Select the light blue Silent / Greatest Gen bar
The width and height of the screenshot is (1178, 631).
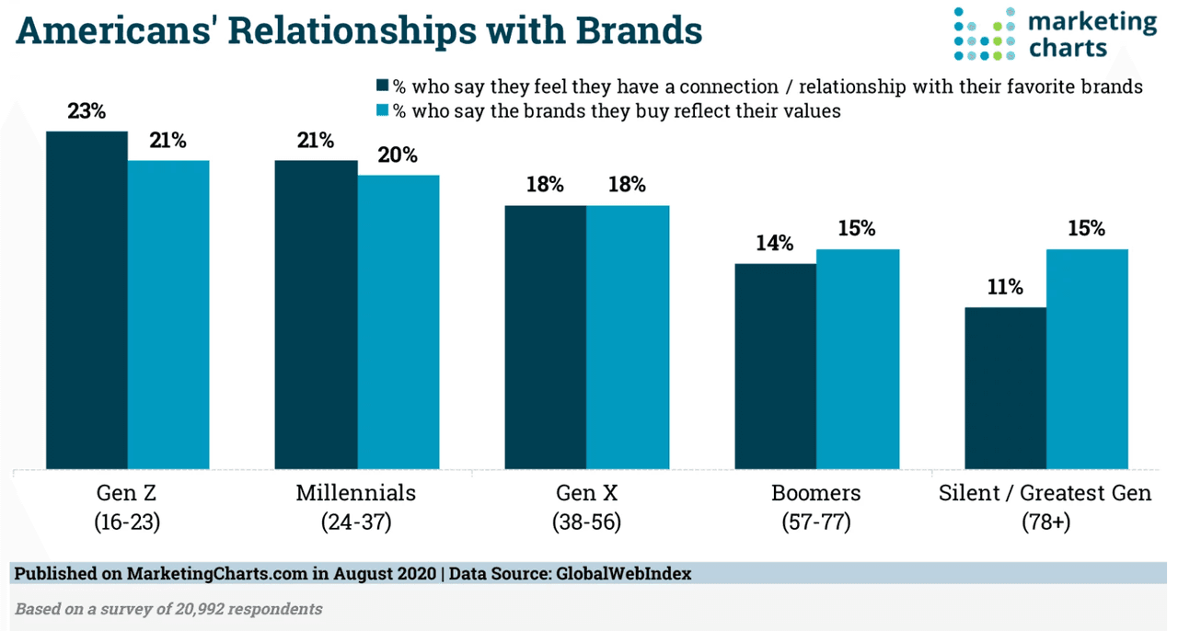tap(1087, 359)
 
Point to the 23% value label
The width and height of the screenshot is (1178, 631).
tap(87, 112)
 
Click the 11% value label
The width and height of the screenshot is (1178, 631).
tap(1004, 287)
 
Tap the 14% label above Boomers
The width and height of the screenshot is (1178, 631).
tap(775, 244)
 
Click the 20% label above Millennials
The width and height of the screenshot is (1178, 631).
tap(398, 155)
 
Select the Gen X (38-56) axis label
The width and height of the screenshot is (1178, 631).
tap(586, 507)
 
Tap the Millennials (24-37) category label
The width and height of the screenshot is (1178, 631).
tap(356, 507)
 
